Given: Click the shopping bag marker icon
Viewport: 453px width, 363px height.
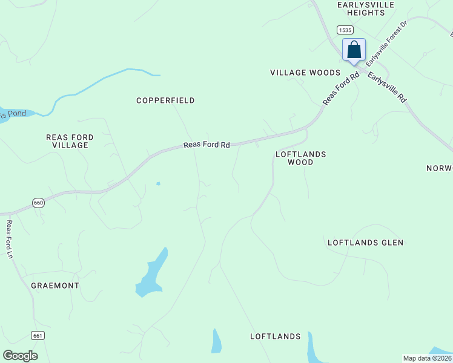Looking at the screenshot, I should [x=354, y=50].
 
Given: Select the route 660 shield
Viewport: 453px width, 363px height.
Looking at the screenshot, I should [x=39, y=203].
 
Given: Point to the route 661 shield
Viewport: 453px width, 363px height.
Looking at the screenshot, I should [x=38, y=335].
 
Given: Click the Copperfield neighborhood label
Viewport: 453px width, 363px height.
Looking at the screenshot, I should [x=165, y=100].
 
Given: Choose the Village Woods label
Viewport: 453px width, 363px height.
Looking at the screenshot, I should [x=305, y=73].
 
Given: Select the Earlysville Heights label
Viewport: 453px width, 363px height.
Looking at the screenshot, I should [x=366, y=8].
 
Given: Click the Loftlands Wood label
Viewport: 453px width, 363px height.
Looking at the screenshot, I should [x=300, y=158].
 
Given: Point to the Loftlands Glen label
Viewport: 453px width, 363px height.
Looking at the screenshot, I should [x=365, y=243].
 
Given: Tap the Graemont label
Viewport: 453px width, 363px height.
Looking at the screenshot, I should [x=55, y=285].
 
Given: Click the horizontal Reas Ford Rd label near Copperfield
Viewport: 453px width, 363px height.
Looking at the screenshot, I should [x=207, y=145].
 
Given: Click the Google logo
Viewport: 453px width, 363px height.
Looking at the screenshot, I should [x=20, y=356].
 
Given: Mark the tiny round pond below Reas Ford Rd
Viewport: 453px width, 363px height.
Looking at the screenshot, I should [x=159, y=183].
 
